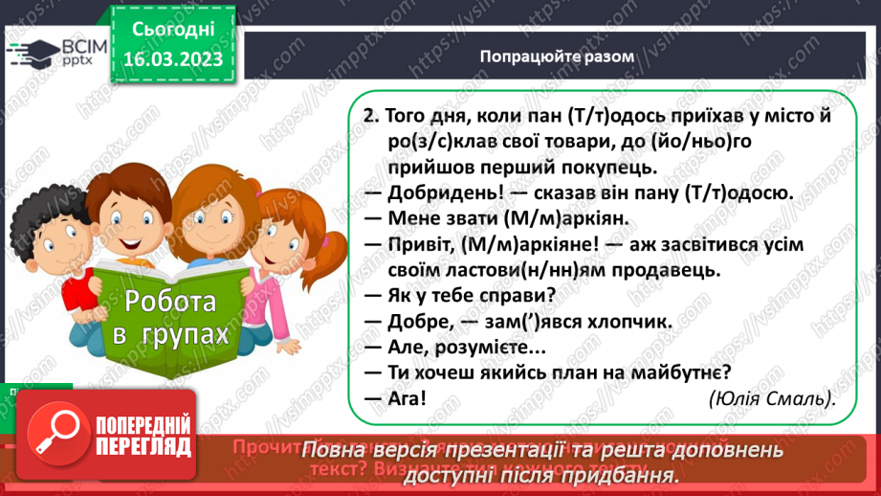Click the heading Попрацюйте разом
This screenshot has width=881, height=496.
[557, 56]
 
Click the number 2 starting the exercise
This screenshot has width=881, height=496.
[369, 115]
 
